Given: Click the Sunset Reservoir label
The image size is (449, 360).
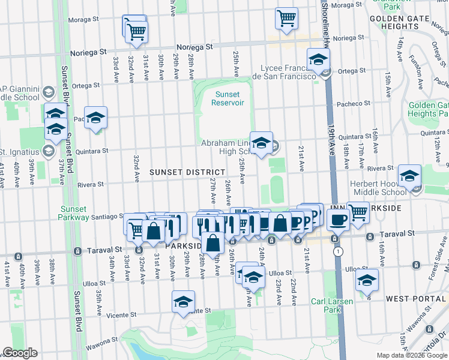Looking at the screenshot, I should [228, 98].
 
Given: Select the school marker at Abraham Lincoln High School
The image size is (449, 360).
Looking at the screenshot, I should [261, 143].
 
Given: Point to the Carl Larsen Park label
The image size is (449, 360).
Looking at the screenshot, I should [327, 305].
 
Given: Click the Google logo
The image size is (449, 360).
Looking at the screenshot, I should [20, 353].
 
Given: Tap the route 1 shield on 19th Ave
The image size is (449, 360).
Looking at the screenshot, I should [339, 251].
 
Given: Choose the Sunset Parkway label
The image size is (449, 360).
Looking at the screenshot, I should [74, 213].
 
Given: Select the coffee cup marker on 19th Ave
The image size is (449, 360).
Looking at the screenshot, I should [337, 220].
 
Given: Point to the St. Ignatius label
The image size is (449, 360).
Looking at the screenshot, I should [21, 151].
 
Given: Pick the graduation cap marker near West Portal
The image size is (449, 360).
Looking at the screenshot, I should [367, 280].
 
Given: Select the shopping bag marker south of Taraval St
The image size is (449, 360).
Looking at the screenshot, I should [212, 244].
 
